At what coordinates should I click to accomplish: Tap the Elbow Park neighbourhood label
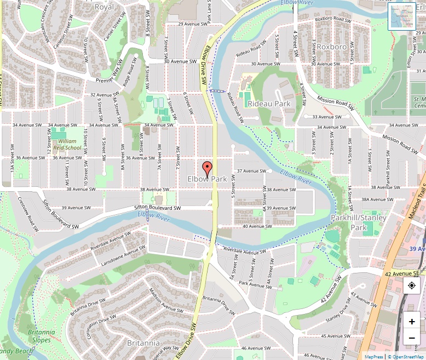207,179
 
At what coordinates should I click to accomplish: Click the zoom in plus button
412,321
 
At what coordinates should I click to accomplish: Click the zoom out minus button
412,338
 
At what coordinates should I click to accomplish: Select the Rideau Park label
269,104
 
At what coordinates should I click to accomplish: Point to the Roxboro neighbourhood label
332,47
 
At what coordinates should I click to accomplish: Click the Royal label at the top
104,7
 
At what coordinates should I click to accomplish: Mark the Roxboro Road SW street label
333,20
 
